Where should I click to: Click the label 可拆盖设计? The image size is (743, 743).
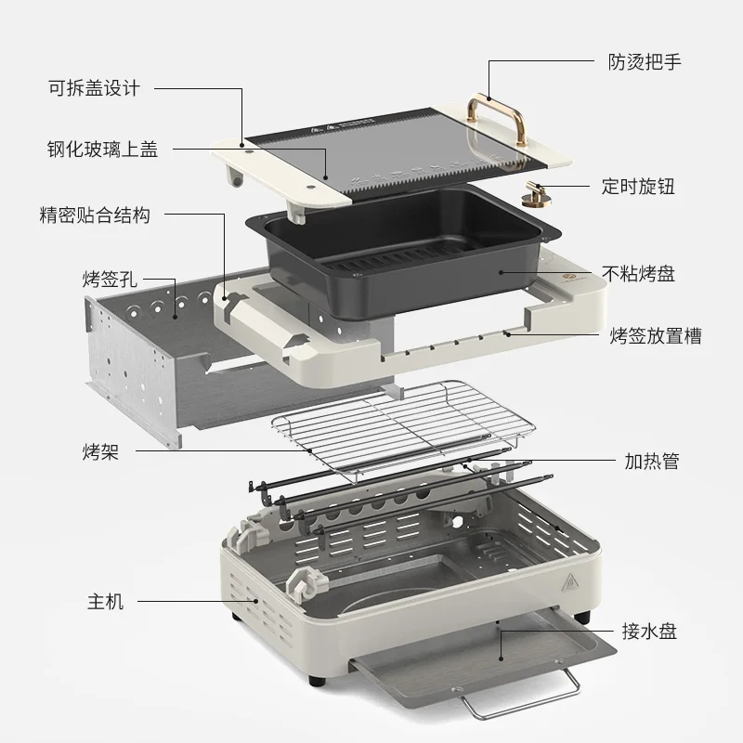[94, 88]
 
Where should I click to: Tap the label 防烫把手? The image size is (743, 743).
[638, 62]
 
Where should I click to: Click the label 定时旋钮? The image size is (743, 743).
[638, 186]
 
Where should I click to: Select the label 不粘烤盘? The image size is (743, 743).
[638, 273]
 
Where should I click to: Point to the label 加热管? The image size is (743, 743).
[650, 461]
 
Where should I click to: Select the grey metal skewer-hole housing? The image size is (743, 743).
[139, 362]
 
